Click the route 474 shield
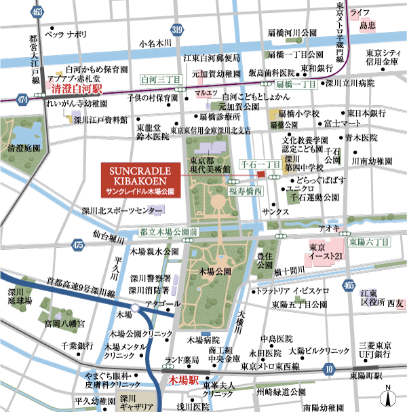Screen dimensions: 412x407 pyautogui.click(x=24, y=100)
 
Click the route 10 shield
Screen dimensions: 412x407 pyautogui.click(x=329, y=369)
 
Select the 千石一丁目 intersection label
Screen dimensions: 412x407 pyautogui.click(x=261, y=165)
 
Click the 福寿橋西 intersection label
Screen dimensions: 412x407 pyautogui.click(x=245, y=192)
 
